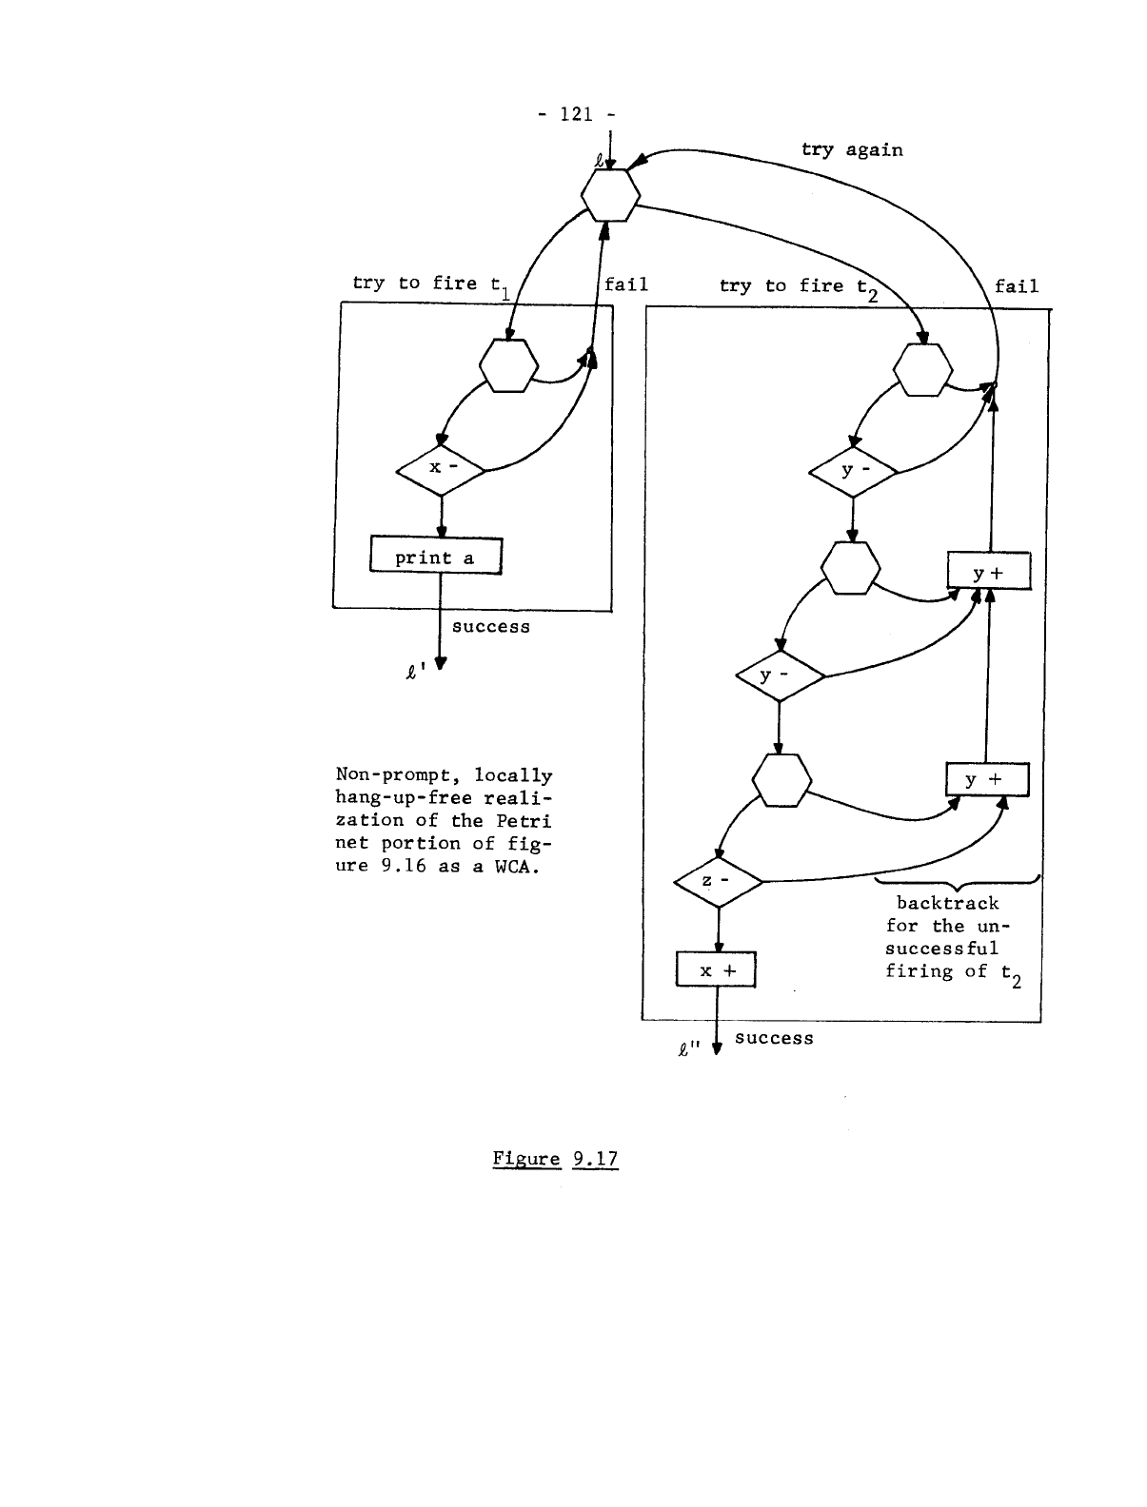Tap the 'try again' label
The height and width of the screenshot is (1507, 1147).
click(852, 149)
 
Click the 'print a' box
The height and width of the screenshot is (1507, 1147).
click(435, 558)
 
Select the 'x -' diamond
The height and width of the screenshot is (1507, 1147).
click(440, 468)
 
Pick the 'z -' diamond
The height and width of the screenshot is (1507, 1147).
click(717, 881)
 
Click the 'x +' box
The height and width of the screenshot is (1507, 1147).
click(715, 970)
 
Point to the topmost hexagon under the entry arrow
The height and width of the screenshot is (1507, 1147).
click(610, 195)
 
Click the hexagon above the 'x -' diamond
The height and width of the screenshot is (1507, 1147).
click(508, 366)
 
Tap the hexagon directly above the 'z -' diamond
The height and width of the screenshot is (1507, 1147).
click(781, 780)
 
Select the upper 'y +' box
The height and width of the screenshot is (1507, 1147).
click(988, 572)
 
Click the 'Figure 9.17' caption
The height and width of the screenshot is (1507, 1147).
click(555, 1159)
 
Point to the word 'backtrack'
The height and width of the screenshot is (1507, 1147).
click(947, 903)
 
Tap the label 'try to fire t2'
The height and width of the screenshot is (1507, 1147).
click(798, 287)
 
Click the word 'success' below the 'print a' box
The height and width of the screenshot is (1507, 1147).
click(490, 627)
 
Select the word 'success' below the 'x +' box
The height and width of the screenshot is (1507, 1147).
click(774, 1038)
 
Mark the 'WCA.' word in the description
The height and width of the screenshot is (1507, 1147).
click(516, 866)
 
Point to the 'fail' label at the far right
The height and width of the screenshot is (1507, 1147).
click(1017, 286)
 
